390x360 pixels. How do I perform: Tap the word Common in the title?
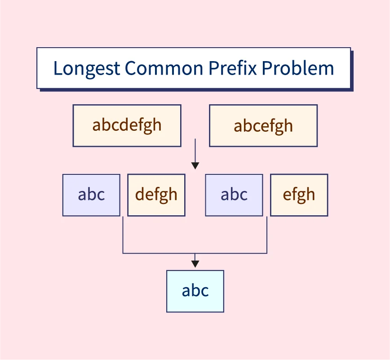164,68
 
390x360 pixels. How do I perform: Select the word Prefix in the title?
233,67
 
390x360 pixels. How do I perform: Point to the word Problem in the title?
298,68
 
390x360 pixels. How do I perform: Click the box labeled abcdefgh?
127,126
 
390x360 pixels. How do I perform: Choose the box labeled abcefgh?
263,126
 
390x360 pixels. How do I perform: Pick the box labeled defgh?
156,195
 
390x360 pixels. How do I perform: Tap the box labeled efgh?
299,195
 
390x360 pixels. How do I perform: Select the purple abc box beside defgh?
91,195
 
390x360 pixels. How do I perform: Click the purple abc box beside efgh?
234,195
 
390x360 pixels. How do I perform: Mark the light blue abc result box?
195,291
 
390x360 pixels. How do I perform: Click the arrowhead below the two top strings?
195,166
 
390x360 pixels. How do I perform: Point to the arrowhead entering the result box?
195,264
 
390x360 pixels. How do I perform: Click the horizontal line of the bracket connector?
195,253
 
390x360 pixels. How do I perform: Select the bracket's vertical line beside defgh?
123,235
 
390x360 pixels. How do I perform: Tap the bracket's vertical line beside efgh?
267,235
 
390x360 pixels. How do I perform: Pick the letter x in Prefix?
252,70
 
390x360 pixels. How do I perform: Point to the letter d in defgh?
140,194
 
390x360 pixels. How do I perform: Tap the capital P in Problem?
267,68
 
